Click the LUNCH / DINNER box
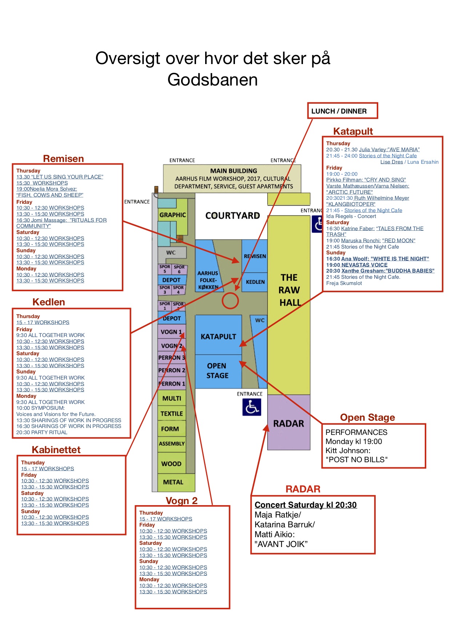point(343,111)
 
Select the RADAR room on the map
point(289,423)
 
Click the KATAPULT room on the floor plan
point(218,335)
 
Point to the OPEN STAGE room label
point(217,371)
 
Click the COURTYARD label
point(233,216)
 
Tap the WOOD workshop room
point(172,463)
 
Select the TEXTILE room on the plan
point(172,413)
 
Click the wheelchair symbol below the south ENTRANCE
point(252,407)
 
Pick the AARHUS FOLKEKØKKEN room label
point(208,280)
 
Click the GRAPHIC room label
point(172,215)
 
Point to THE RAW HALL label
point(290,290)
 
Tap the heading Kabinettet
point(56,449)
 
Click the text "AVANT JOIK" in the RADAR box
point(281,544)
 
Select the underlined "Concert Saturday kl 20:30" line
point(306,505)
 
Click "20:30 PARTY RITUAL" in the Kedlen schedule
point(42,432)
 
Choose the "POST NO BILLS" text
point(356,460)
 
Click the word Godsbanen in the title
point(213,79)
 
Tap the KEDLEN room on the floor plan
point(255,282)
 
